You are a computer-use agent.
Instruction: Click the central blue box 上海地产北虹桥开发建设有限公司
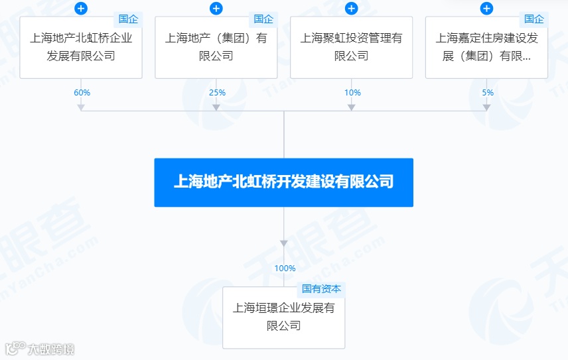tap(283, 182)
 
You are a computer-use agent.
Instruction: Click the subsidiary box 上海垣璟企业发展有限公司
tap(283, 318)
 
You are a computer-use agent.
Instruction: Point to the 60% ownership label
tap(82, 93)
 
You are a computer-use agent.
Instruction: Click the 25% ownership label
tap(217, 93)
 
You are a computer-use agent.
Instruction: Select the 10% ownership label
tap(352, 93)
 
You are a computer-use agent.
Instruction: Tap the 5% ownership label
tap(488, 93)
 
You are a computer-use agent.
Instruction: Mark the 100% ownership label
tap(285, 269)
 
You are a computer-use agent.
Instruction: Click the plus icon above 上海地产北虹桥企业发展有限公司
tap(81, 9)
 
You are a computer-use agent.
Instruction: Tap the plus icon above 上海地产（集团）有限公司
tap(216, 9)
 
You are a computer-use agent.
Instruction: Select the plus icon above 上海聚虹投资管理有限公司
tap(352, 9)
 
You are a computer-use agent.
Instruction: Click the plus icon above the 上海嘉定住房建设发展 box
tap(486, 9)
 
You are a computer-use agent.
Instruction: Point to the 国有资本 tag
tap(321, 289)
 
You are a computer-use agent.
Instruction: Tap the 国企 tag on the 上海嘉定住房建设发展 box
tap(533, 19)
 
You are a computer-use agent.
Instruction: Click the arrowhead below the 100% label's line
tap(284, 243)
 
